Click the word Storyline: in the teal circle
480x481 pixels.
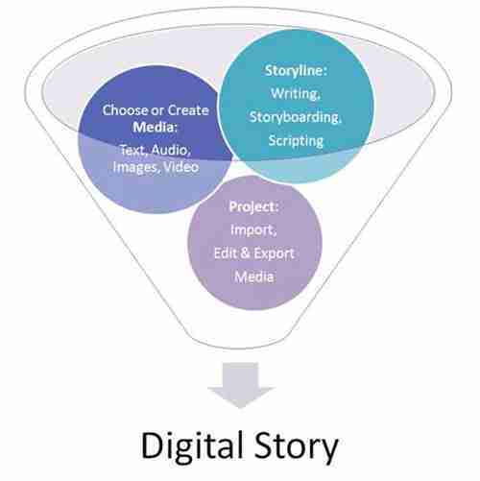pos(296,71)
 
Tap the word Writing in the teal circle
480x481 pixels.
pos(295,93)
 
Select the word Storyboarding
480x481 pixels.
pos(295,117)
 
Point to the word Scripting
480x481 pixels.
pos(296,141)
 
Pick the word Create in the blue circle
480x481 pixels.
pos(188,110)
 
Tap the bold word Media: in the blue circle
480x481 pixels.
pos(156,128)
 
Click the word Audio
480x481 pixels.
pos(171,150)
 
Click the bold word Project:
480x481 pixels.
pos(253,207)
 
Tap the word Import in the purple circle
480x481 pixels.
pos(252,230)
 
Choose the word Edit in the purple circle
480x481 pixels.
pos(225,253)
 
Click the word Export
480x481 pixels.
pos(274,253)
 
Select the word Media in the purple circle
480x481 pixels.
pos(254,277)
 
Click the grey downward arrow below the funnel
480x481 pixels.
pos(241,385)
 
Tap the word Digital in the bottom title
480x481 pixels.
pos(191,445)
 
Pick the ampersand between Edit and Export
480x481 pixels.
pos(245,253)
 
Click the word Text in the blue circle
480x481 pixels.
pos(133,150)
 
